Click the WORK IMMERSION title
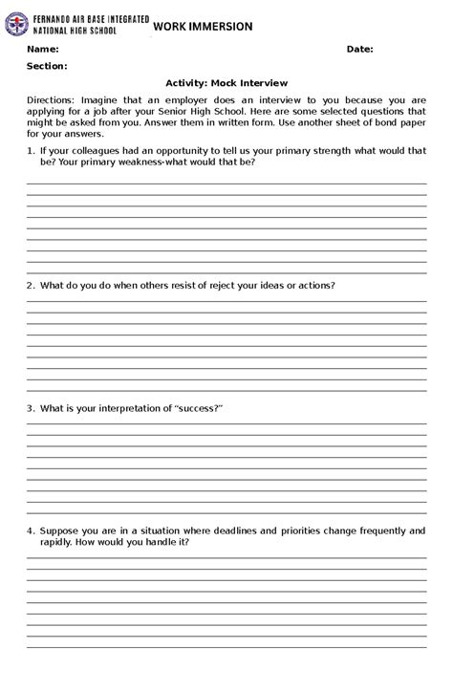click(x=203, y=27)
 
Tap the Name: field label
click(x=43, y=49)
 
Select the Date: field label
click(x=359, y=49)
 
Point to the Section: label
click(x=47, y=66)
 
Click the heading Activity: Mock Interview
click(x=226, y=83)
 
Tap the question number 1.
click(x=31, y=151)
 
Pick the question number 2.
click(x=31, y=285)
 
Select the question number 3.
click(x=31, y=408)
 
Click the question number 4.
click(x=31, y=530)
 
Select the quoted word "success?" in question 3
click(x=198, y=408)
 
